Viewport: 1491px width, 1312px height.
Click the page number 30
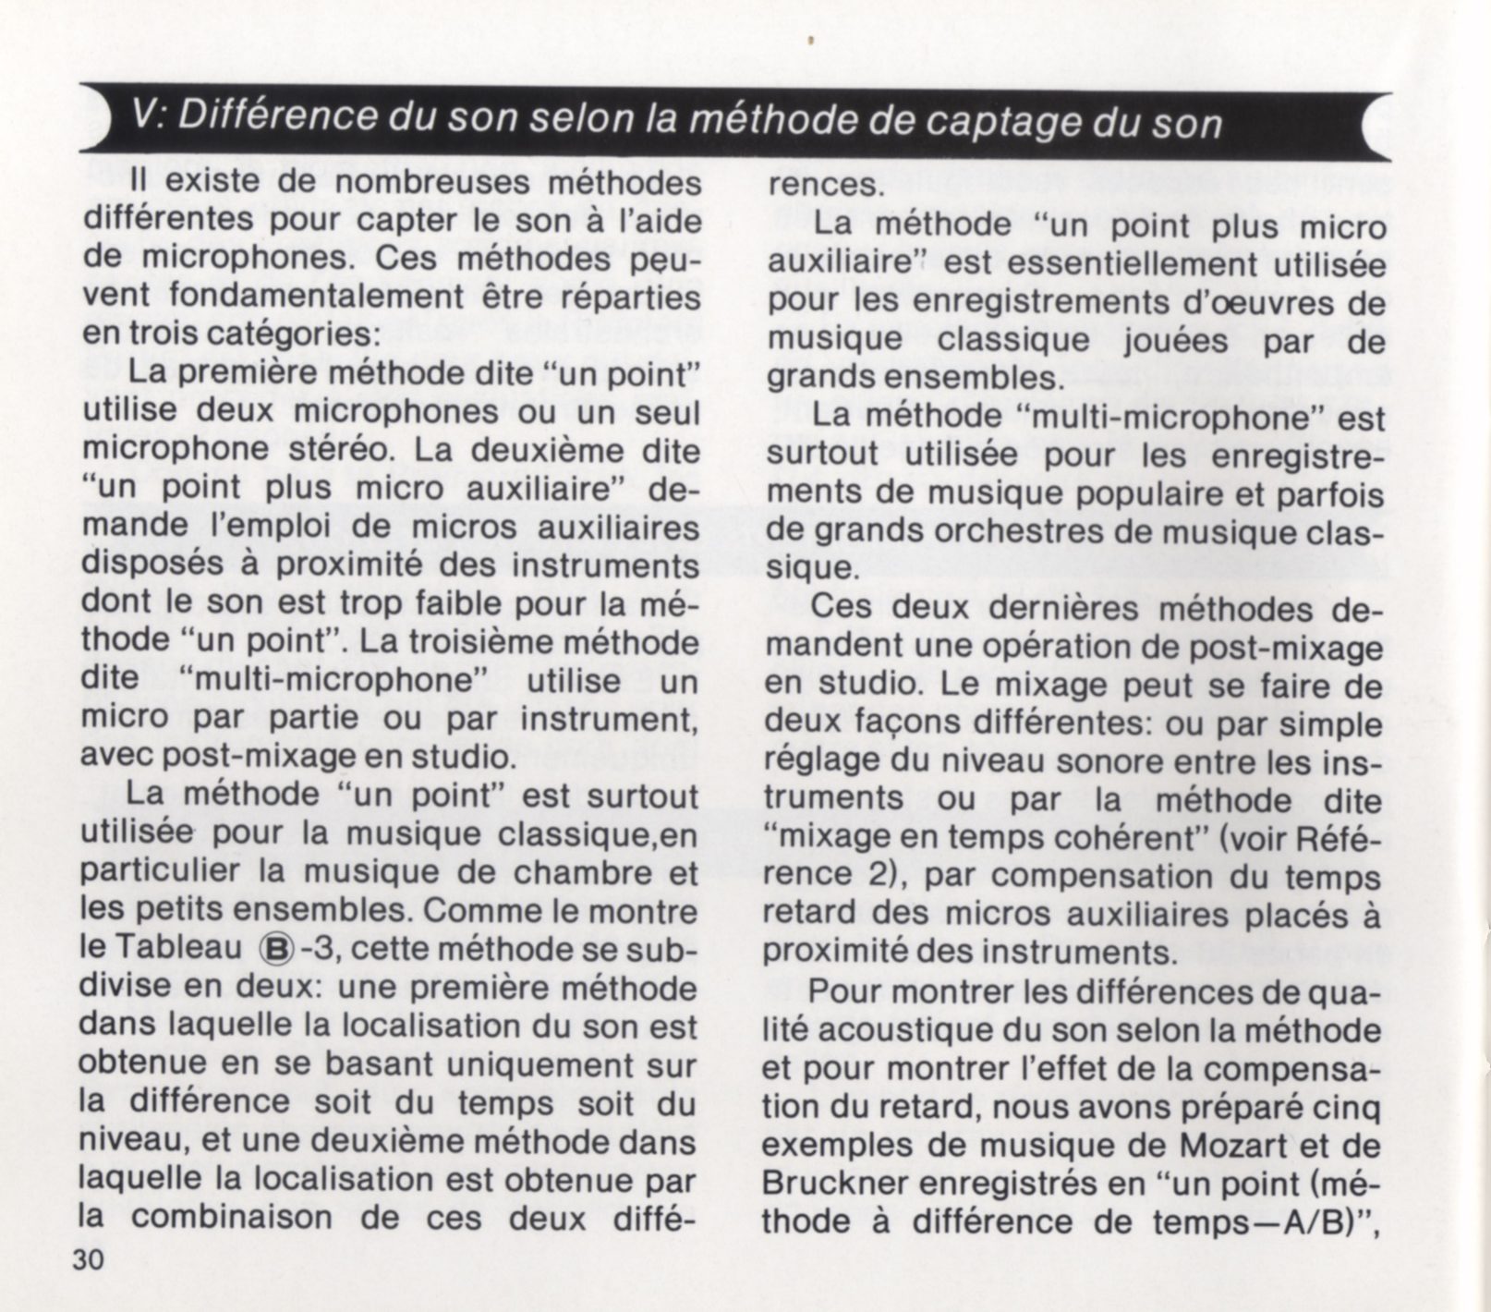pos(92,1260)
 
